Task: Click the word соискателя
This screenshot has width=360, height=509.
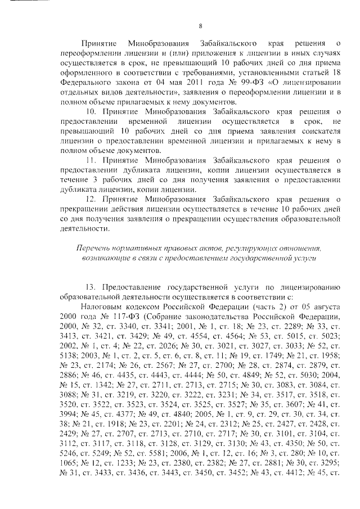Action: [321, 132]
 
